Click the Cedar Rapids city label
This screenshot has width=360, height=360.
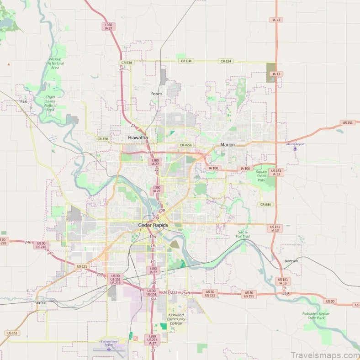[153, 225]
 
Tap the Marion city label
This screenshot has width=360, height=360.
[228, 145]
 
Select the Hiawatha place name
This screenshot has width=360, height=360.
[138, 137]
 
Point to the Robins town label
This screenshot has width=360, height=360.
[157, 94]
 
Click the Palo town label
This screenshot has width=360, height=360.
[24, 101]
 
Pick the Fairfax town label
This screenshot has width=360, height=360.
[40, 303]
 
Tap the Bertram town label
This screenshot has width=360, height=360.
[291, 261]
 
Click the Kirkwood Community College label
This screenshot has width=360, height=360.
[176, 319]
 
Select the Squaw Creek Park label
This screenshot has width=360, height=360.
[261, 175]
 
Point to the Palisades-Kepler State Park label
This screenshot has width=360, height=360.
[316, 316]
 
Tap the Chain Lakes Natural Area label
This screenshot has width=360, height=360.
[50, 103]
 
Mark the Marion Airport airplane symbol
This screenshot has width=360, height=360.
[296, 148]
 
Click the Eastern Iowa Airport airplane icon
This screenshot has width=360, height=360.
[109, 349]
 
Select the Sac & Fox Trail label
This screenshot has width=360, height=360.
[243, 234]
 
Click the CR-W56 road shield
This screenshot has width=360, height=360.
[185, 145]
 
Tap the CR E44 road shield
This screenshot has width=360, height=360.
[265, 204]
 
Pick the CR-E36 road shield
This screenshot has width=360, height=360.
[103, 139]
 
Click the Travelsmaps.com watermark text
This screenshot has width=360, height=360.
[324, 355]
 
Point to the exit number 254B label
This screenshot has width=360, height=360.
[185, 293]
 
